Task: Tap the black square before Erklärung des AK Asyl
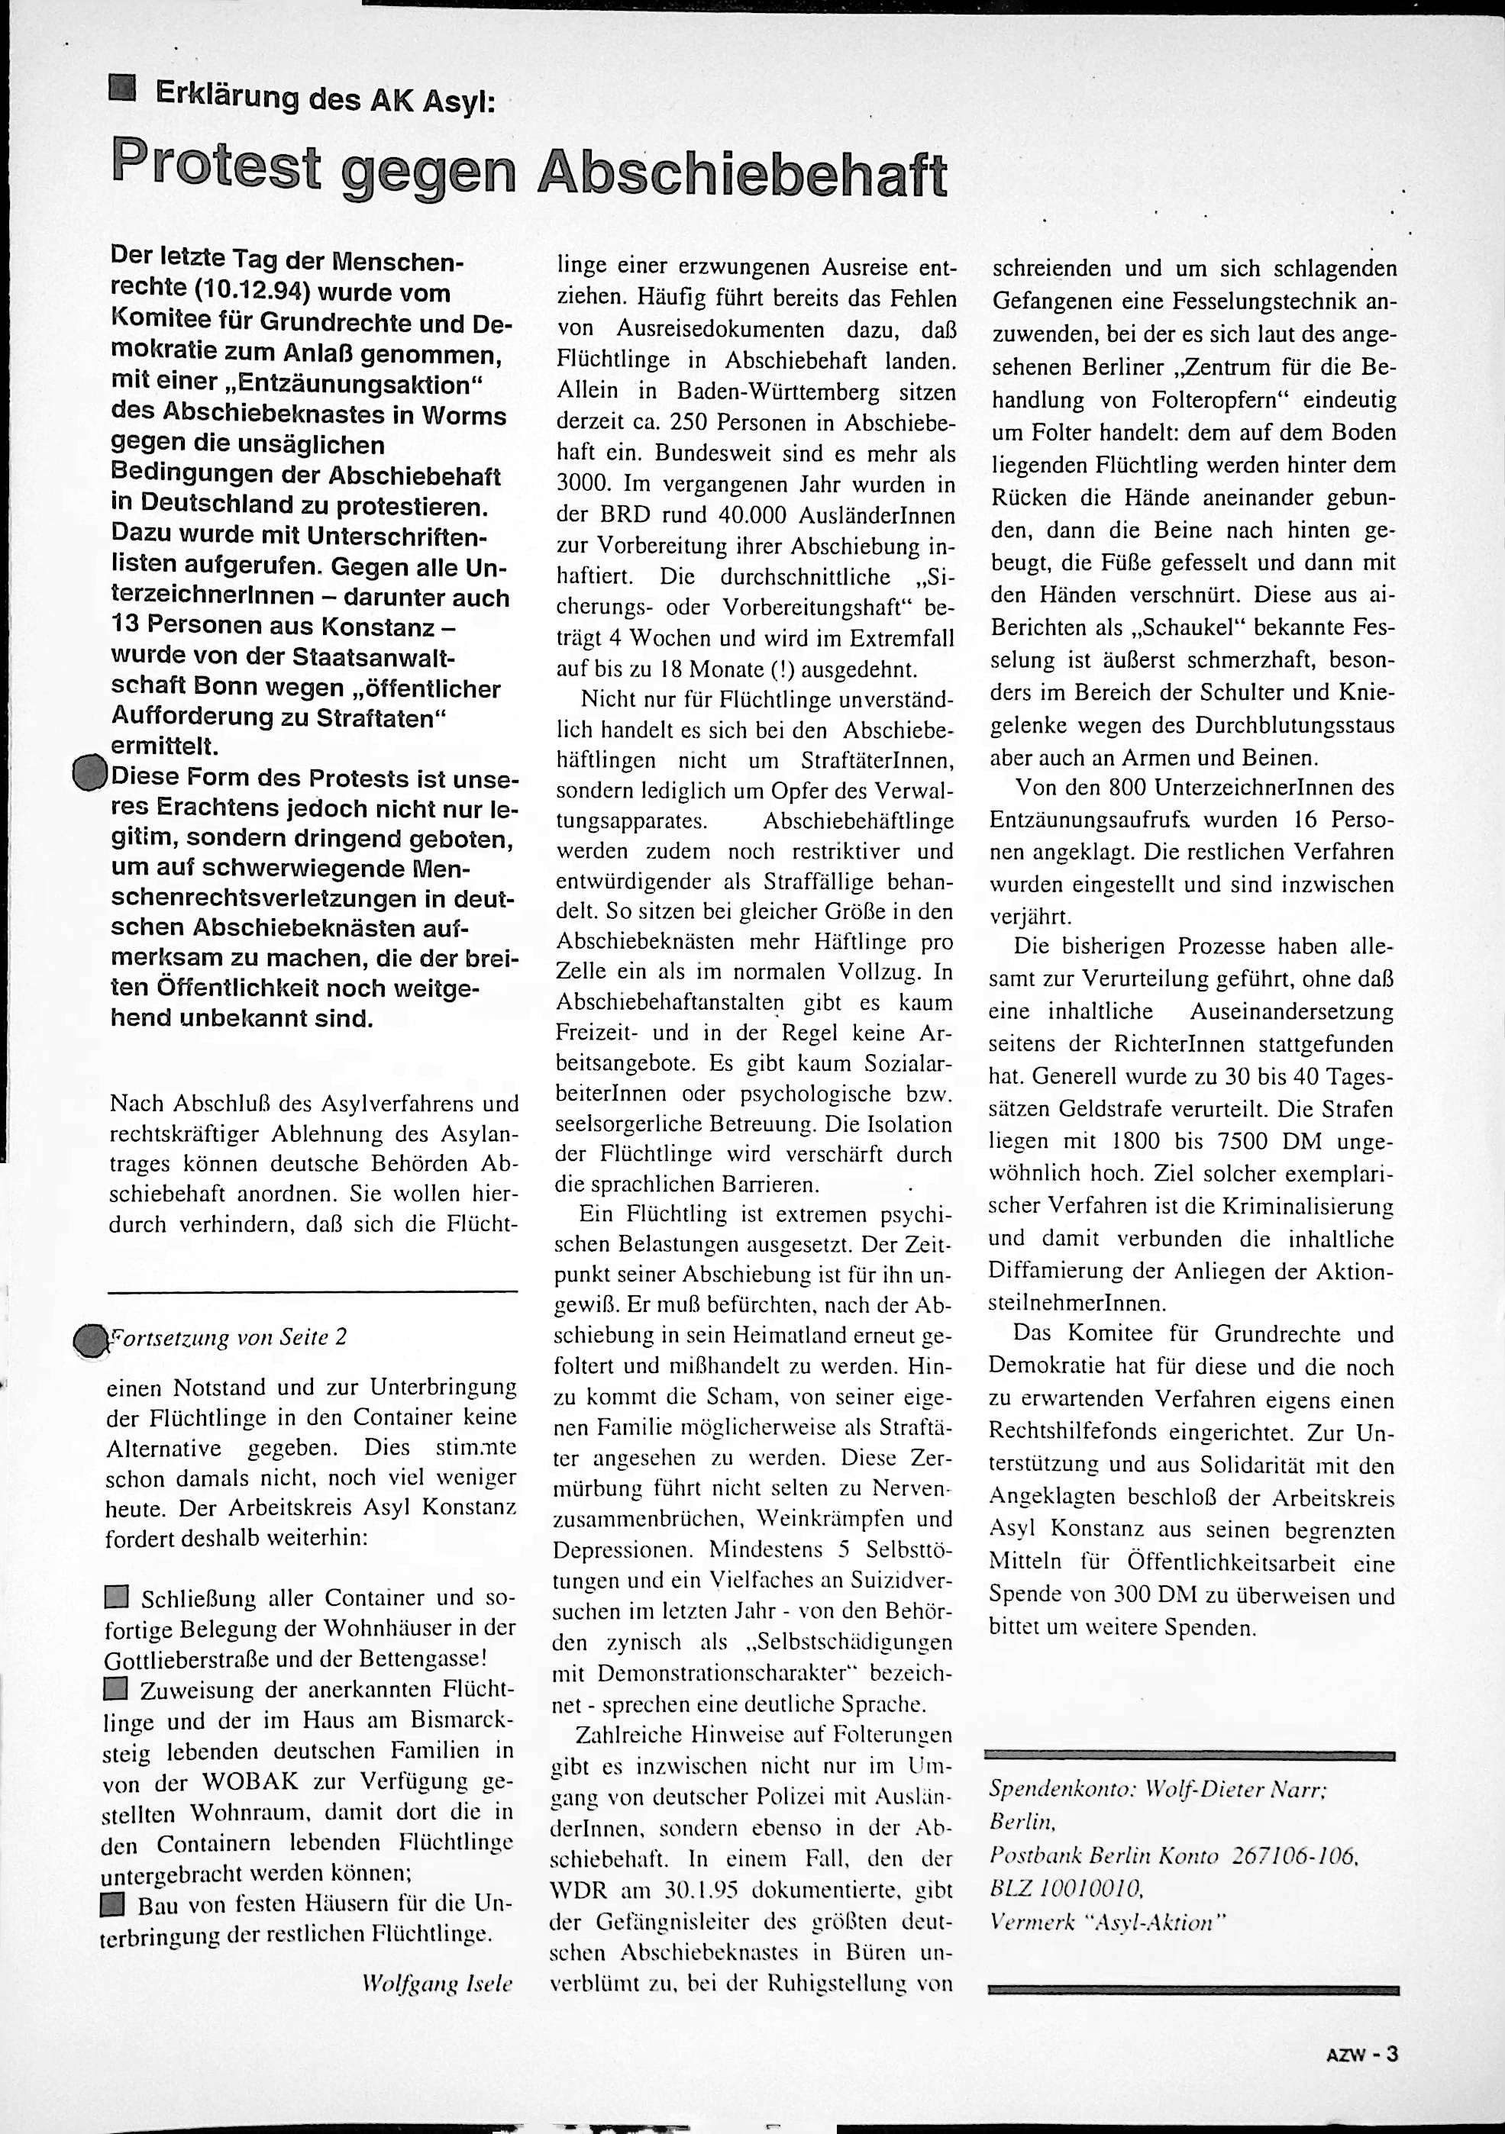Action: (x=121, y=89)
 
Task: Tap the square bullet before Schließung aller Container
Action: (x=116, y=1597)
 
